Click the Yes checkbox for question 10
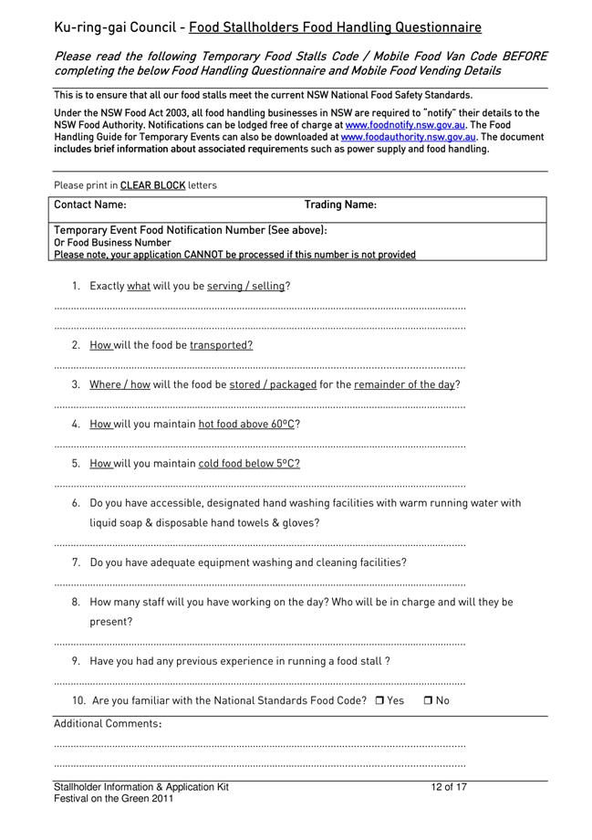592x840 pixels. (379, 701)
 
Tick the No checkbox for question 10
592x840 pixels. (428, 701)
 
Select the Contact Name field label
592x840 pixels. (90, 205)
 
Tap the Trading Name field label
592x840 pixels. (340, 205)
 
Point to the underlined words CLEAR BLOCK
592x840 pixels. (152, 185)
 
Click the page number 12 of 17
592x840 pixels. (449, 787)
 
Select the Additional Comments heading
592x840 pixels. (108, 724)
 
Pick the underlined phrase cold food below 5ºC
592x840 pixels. (249, 464)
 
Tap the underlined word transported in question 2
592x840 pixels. (221, 345)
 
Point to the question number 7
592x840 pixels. (77, 562)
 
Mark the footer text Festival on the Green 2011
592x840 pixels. (113, 799)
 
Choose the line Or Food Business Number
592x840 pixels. (112, 243)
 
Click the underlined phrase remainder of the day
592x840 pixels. (404, 384)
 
